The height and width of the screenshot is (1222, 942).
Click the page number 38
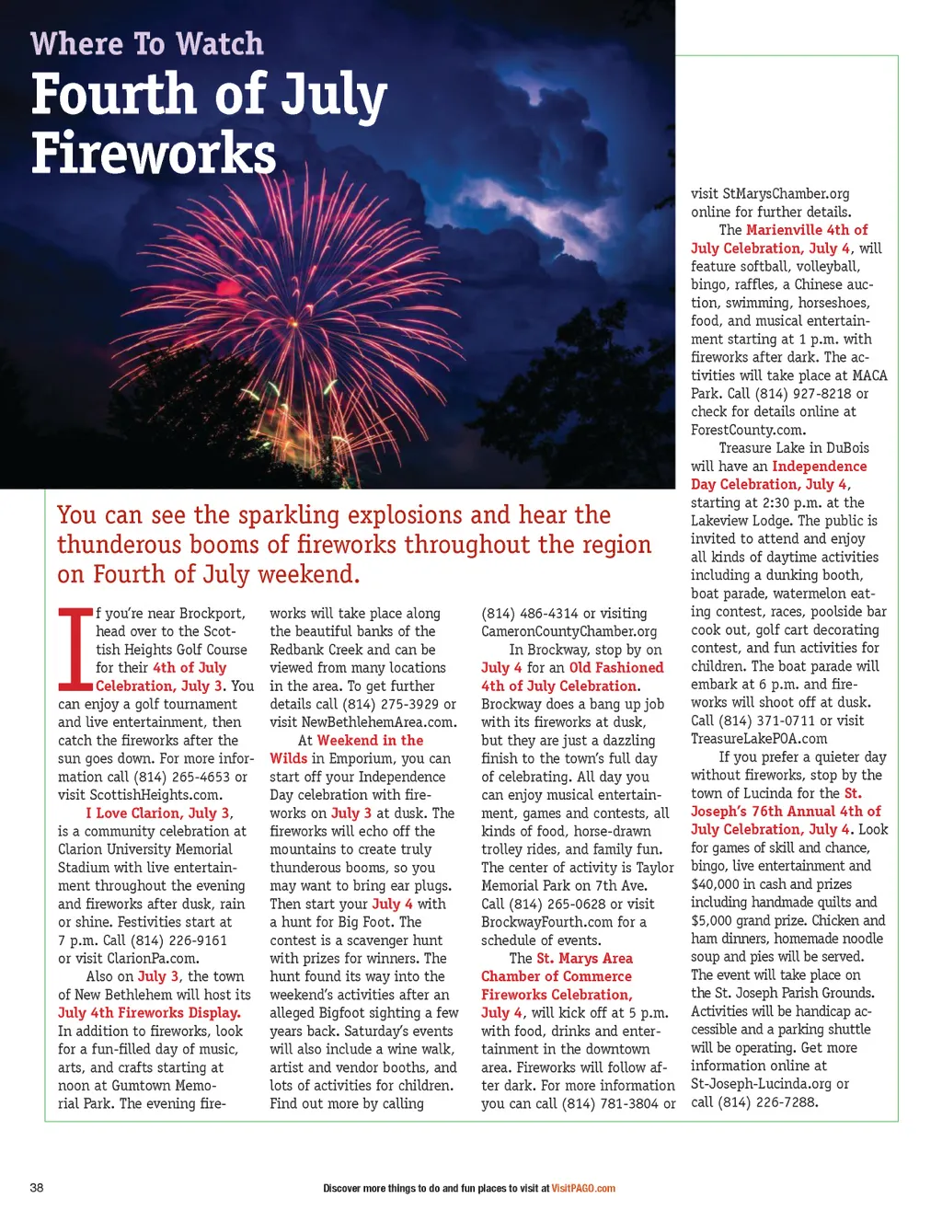tap(37, 1187)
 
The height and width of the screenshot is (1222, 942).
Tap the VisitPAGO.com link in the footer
tap(583, 1188)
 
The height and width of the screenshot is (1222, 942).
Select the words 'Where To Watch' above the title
tap(147, 43)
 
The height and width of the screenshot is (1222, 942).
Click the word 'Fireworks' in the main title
tap(154, 153)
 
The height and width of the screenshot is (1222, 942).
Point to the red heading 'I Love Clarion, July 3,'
tap(159, 813)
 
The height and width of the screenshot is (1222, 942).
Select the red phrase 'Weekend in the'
tap(370, 740)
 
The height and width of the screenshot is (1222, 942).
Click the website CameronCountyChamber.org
tap(569, 631)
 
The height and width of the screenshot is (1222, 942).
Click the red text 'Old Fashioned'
tap(615, 667)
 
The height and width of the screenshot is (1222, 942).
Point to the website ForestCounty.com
tap(748, 430)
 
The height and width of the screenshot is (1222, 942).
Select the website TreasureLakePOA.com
tap(759, 738)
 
